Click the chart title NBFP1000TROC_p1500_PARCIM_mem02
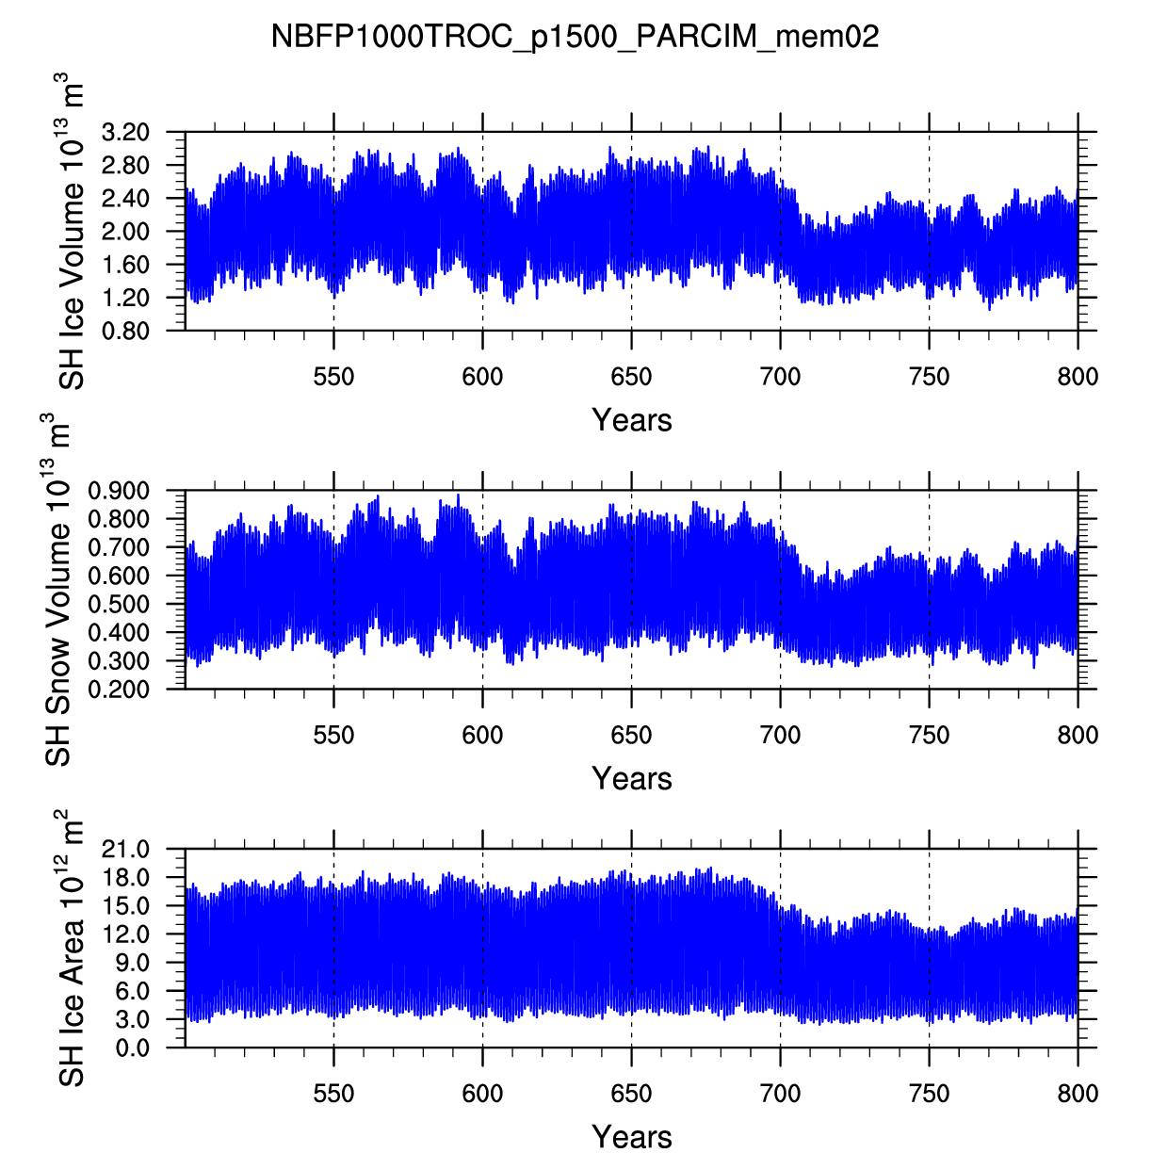tap(575, 37)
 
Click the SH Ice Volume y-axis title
tap(73, 235)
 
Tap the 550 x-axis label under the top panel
tap(333, 378)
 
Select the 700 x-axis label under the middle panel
tap(780, 736)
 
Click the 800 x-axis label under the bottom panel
tap(1078, 1094)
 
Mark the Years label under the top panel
tap(631, 420)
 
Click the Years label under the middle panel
tap(631, 779)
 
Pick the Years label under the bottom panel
tap(631, 1137)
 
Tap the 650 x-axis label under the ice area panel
tap(631, 1094)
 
